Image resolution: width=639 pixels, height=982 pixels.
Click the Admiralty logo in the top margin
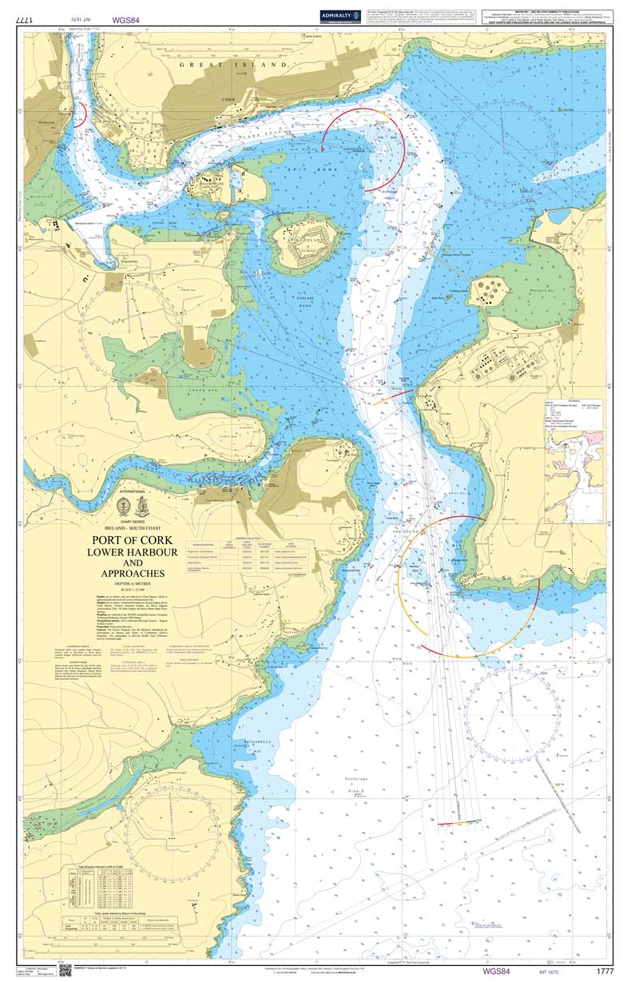340,15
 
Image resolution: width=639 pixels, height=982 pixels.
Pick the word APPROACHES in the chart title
133,573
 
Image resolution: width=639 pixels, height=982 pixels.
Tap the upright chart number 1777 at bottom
605,970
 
